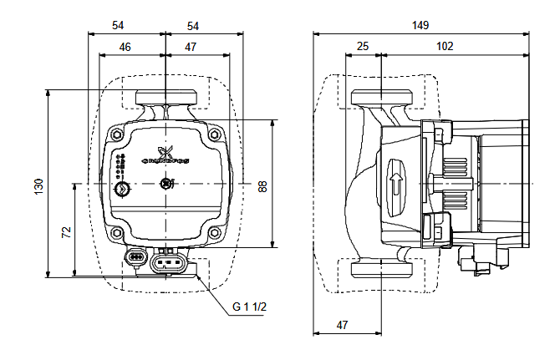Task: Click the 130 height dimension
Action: (38, 186)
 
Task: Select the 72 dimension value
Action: (67, 231)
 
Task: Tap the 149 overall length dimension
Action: (421, 25)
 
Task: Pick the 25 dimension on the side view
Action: (362, 47)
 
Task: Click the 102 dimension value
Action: (445, 47)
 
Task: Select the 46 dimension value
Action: (125, 47)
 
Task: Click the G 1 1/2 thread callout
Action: (248, 308)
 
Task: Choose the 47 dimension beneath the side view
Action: (343, 323)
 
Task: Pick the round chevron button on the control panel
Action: (124, 189)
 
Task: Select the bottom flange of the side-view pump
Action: (381, 271)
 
